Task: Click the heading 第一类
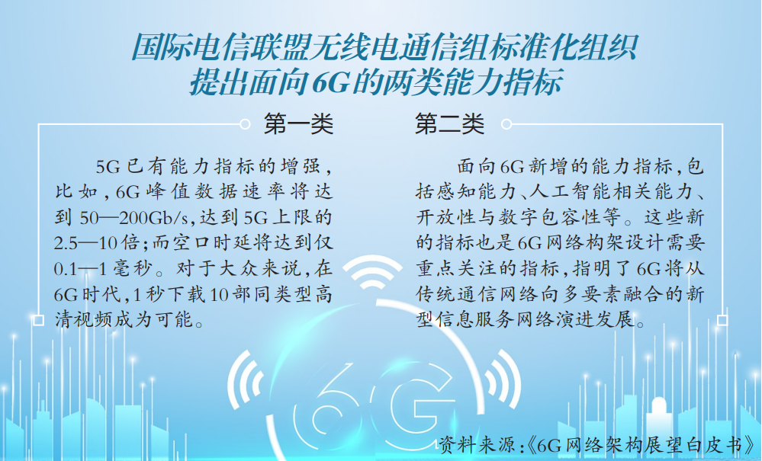298,124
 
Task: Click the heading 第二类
449,124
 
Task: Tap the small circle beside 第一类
245,124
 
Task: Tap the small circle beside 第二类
506,124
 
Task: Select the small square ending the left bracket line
38,320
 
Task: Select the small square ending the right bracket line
722,320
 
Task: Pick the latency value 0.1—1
81,269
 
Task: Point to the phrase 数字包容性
549,217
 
